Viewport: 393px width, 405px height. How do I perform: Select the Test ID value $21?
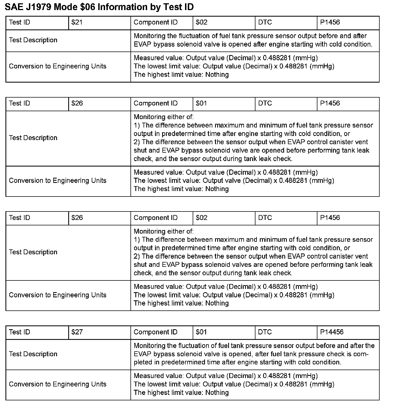pyautogui.click(x=77, y=22)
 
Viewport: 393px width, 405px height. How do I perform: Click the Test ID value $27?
pyautogui.click(x=77, y=332)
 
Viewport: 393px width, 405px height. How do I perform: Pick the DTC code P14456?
pyautogui.click(x=332, y=332)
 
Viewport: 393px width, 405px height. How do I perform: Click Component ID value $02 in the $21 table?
pyautogui.click(x=201, y=22)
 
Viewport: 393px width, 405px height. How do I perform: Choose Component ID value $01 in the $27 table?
pyautogui.click(x=201, y=332)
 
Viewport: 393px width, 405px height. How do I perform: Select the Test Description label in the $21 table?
pyautogui.click(x=33, y=40)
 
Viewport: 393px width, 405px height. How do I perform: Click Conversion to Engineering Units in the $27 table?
pyautogui.click(x=57, y=384)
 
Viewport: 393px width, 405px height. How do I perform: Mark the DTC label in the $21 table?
pyautogui.click(x=265, y=22)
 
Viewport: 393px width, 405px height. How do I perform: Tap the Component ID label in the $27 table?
pyautogui.click(x=155, y=332)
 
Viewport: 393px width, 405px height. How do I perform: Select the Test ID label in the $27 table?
pyautogui.click(x=19, y=332)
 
